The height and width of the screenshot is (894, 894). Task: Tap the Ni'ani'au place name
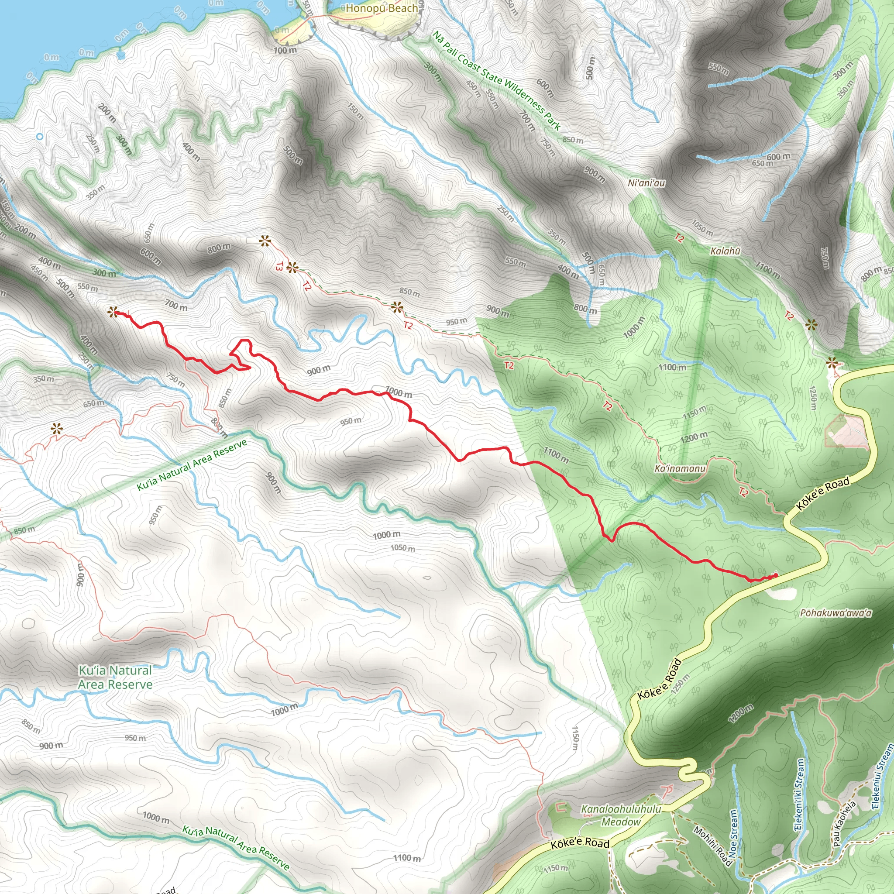coord(646,183)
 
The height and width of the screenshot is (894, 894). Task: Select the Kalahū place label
coord(725,251)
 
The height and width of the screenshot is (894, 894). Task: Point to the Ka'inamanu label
coord(680,469)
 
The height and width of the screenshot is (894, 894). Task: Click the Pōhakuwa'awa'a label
coord(836,613)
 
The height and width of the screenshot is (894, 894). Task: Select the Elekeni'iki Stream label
coord(800,794)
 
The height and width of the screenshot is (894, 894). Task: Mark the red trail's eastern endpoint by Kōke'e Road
coord(776,575)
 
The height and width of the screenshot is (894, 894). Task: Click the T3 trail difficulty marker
coord(279,266)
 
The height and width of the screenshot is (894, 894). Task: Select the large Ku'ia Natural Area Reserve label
coord(115,677)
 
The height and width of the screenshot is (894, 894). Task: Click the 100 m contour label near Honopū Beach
coord(285,50)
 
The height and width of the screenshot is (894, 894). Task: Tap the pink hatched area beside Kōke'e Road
coord(845,431)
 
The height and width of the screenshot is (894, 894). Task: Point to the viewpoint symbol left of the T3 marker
coord(264,241)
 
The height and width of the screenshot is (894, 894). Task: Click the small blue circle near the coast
coord(40,137)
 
